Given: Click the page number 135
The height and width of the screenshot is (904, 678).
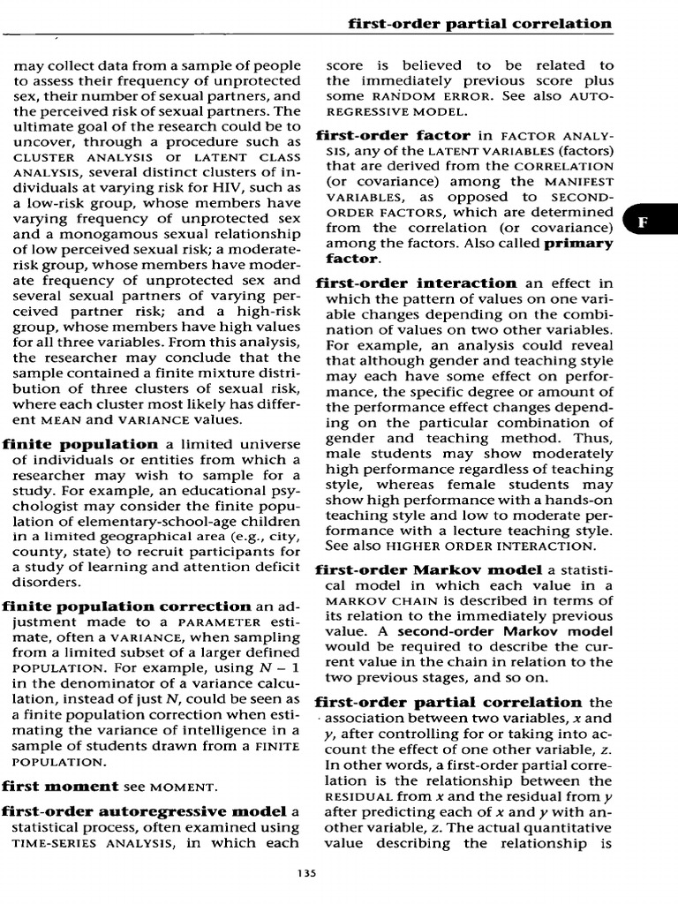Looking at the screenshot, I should coord(307,873).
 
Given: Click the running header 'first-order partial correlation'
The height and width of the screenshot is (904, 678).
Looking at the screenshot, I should coord(480,24).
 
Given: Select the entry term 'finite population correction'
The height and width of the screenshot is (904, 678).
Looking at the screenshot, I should coord(127,606).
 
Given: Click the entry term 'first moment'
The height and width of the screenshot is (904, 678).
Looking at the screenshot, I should coord(60,786).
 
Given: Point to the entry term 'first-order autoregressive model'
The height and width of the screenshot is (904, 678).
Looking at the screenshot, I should coord(144,811).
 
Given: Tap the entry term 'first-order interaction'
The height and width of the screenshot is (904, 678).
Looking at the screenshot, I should coord(416,283).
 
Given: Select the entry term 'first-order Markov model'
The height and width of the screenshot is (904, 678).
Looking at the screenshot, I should coord(428,570).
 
